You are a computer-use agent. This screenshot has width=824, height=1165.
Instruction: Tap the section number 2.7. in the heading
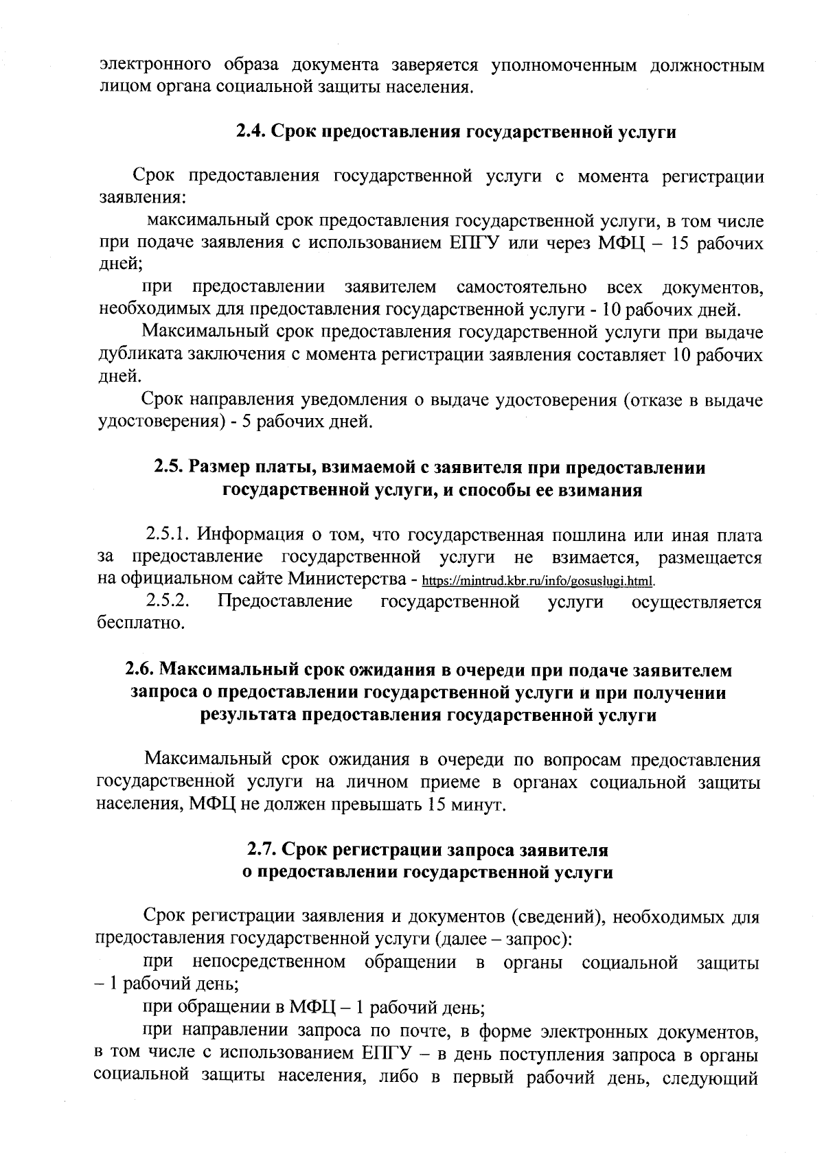coord(262,851)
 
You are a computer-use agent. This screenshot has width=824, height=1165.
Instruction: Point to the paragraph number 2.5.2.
coord(168,601)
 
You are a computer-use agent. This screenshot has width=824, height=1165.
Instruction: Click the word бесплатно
coord(133,624)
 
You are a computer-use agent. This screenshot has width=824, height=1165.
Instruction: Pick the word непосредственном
coord(270,962)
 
